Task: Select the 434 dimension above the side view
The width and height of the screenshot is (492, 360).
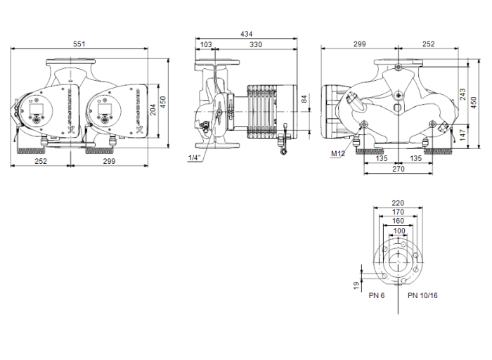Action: click(x=246, y=34)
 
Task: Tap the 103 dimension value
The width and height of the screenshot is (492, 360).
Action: click(x=206, y=44)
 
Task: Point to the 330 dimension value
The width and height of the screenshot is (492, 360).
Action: click(x=257, y=44)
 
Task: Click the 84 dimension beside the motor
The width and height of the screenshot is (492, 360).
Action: click(x=304, y=98)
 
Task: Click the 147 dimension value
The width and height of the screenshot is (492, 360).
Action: click(x=462, y=133)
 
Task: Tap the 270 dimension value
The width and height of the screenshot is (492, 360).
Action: click(x=398, y=169)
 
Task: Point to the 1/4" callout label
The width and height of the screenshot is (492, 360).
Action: click(x=194, y=157)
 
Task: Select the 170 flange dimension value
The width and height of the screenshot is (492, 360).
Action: click(x=398, y=212)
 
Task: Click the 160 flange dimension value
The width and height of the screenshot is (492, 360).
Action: click(x=398, y=221)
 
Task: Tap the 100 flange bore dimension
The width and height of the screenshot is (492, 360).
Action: click(x=398, y=230)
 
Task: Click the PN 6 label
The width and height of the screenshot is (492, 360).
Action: click(x=377, y=296)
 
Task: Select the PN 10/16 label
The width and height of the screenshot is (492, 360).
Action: click(x=422, y=296)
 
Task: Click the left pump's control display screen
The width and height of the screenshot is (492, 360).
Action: click(x=35, y=110)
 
